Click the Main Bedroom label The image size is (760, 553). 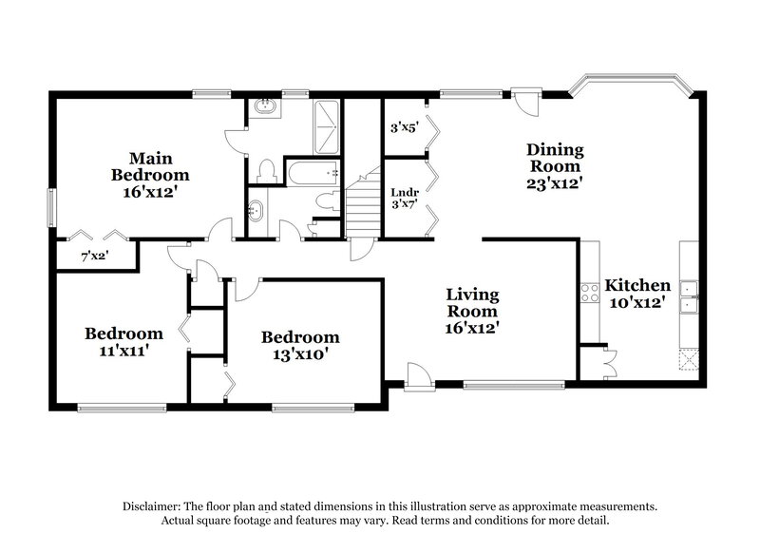(x=150, y=165)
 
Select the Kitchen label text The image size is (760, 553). (x=638, y=285)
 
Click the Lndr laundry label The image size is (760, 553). (x=405, y=193)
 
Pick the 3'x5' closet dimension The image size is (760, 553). (x=405, y=126)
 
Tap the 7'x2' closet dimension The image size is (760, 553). (x=95, y=257)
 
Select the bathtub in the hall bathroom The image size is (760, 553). (x=313, y=173)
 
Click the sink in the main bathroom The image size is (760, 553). (x=263, y=109)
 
